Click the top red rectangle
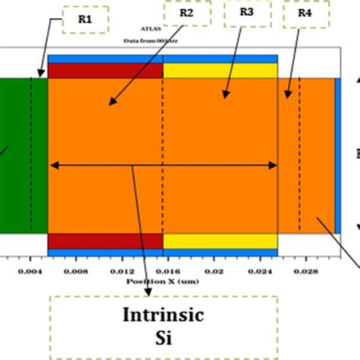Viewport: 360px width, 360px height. pyautogui.click(x=106, y=71)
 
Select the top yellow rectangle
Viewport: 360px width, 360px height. pyautogui.click(x=220, y=71)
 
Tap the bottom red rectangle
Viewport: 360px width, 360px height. pyautogui.click(x=106, y=241)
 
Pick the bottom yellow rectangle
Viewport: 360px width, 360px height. pyautogui.click(x=220, y=241)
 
